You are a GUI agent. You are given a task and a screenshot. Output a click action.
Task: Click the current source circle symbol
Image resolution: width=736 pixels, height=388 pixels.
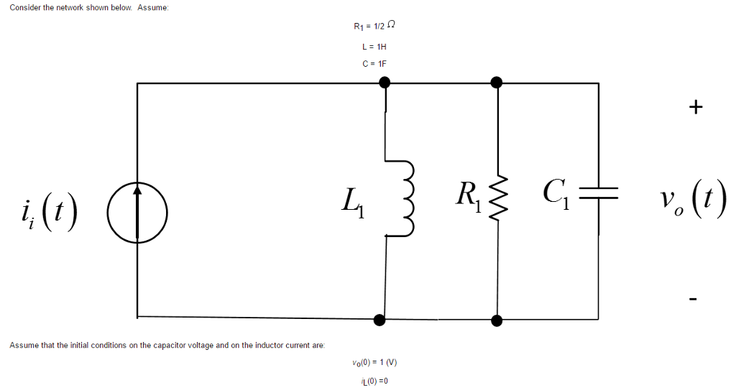pyautogui.click(x=137, y=212)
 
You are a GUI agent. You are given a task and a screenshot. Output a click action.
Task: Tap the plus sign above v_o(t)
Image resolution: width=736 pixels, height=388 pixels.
pyautogui.click(x=694, y=108)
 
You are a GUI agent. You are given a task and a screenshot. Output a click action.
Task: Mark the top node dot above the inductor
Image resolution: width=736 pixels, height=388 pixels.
pyautogui.click(x=385, y=83)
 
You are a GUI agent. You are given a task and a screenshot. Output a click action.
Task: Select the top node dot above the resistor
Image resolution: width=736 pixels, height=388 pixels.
pyautogui.click(x=496, y=83)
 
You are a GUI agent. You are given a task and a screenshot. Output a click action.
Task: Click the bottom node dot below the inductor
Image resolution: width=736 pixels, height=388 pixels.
pyautogui.click(x=380, y=318)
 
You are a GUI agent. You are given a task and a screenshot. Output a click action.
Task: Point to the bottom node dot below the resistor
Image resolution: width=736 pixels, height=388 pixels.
pyautogui.click(x=495, y=318)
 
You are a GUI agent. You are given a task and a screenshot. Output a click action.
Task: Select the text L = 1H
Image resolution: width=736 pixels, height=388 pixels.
pyautogui.click(x=374, y=47)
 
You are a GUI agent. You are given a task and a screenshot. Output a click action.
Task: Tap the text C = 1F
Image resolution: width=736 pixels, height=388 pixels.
pyautogui.click(x=374, y=63)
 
